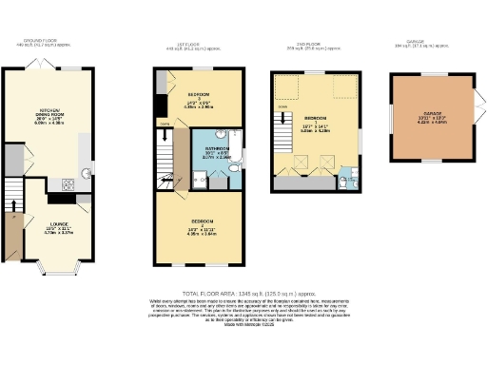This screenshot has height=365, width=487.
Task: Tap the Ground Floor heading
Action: click(x=42, y=42)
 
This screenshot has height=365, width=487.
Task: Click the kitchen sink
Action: click(x=85, y=172)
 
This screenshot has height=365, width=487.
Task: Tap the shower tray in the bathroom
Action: click(x=202, y=175)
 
